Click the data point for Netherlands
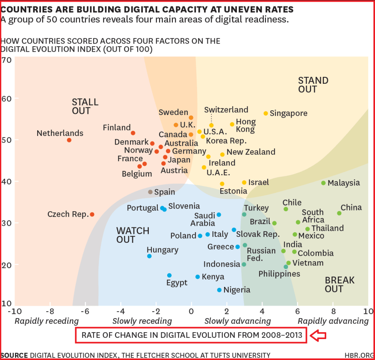pyautogui.click(x=69, y=140)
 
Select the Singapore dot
pyautogui.click(x=266, y=113)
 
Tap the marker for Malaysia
pyautogui.click(x=323, y=183)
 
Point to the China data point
pyautogui.click(x=339, y=213)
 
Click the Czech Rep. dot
pyautogui.click(x=92, y=214)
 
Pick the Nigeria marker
pyautogui.click(x=219, y=290)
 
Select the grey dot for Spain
pyautogui.click(x=150, y=192)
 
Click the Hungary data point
pyautogui.click(x=149, y=256)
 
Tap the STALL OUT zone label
pyautogui.click(x=85, y=106)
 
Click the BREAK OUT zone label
pyautogui.click(x=340, y=284)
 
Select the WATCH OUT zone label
pyautogui.click(x=133, y=235)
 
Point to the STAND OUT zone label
pyautogui.click(x=313, y=85)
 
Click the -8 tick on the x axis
pyautogui.click(x=50, y=311)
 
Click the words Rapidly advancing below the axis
pyautogui.click(x=333, y=321)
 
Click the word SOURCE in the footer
pyautogui.click(x=15, y=355)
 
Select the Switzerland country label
pyautogui.click(x=226, y=110)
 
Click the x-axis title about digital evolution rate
pyautogui.click(x=191, y=336)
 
